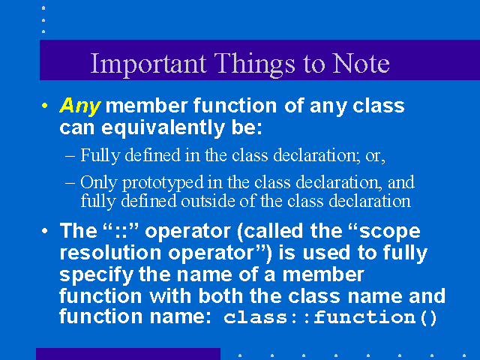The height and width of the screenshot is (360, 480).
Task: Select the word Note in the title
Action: [361, 64]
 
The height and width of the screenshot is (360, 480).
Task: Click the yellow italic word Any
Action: [80, 106]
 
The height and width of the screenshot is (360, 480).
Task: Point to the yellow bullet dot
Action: [45, 106]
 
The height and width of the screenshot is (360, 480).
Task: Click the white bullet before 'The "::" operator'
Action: [45, 230]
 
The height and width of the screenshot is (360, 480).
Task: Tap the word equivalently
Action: [163, 128]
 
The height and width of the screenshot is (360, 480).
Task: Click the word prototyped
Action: [163, 183]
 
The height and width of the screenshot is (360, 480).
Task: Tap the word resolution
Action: [110, 253]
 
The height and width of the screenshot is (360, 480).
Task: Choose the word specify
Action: [97, 275]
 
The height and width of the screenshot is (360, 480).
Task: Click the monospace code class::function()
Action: [330, 317]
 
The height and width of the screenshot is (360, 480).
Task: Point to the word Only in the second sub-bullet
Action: [98, 183]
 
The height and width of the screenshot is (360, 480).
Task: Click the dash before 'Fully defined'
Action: [70, 156]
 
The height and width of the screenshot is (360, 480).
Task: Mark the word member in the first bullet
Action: [146, 106]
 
